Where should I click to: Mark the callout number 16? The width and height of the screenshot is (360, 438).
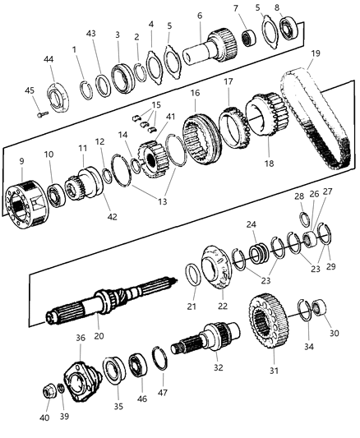coord(196,93)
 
